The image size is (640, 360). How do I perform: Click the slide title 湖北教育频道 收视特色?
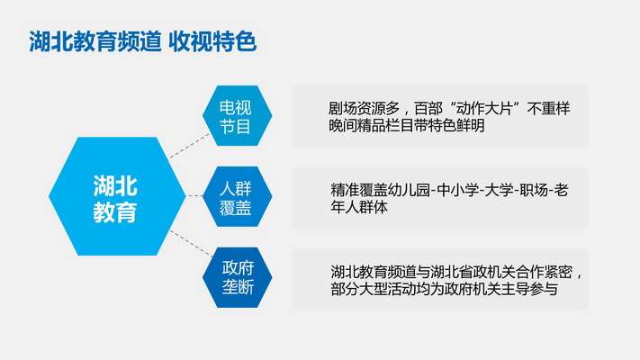tap(142, 41)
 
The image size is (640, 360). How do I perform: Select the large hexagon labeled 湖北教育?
tap(117, 196)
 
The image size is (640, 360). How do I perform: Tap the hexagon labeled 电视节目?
tap(237, 115)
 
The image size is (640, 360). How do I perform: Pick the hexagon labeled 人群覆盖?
tap(237, 196)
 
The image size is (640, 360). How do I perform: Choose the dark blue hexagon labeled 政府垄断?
tap(237, 277)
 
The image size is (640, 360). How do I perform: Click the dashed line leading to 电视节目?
tap(189, 146)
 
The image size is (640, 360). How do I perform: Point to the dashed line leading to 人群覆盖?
tap(194, 196)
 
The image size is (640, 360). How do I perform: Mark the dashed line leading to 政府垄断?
tap(191, 243)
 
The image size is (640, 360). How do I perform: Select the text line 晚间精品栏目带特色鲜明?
tap(407, 126)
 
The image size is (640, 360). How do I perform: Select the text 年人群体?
tap(359, 207)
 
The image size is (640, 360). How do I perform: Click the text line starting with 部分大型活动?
tap(444, 289)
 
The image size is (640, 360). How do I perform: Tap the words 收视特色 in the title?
tap(212, 41)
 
